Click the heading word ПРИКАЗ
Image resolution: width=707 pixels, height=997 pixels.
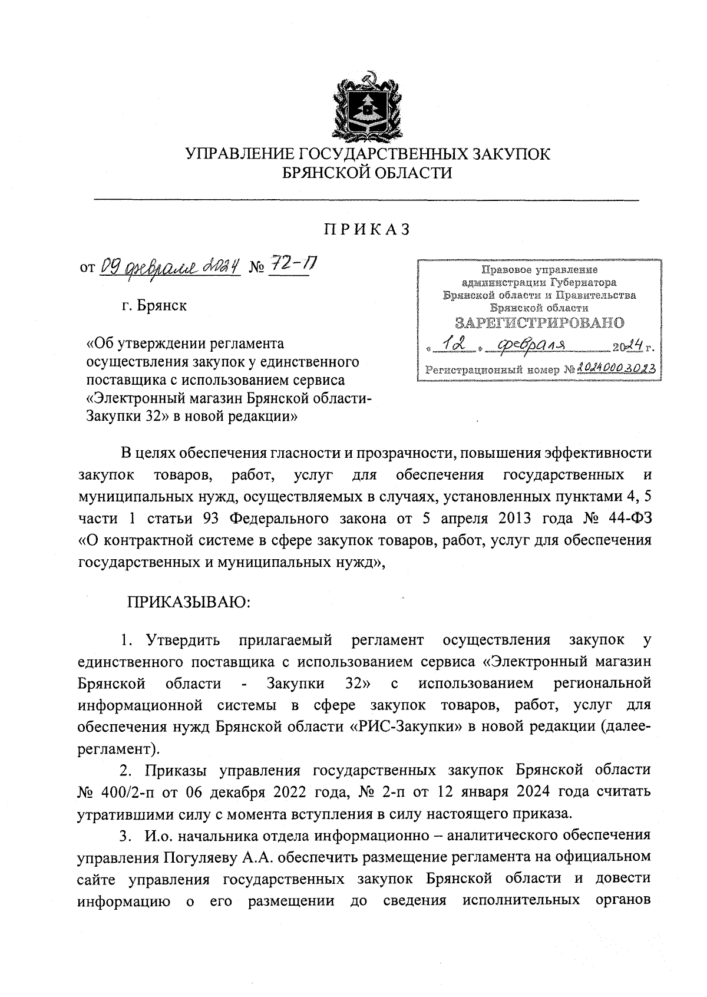(x=366, y=230)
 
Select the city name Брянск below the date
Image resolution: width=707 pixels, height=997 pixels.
(x=162, y=306)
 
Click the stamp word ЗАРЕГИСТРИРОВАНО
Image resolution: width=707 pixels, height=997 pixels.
(x=539, y=323)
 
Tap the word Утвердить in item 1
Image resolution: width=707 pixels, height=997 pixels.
(x=183, y=640)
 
